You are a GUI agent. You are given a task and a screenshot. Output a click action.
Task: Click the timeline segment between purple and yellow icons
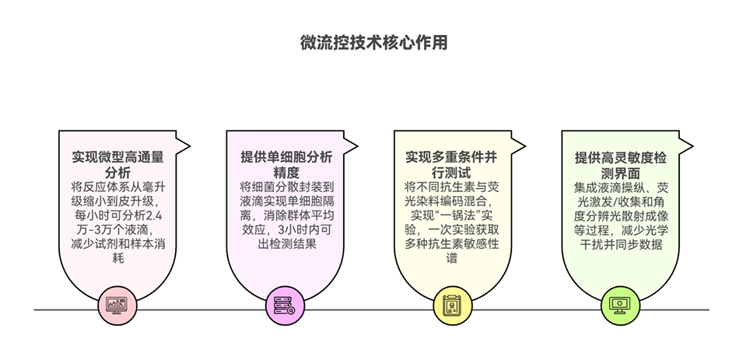pyautogui.click(x=370, y=309)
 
